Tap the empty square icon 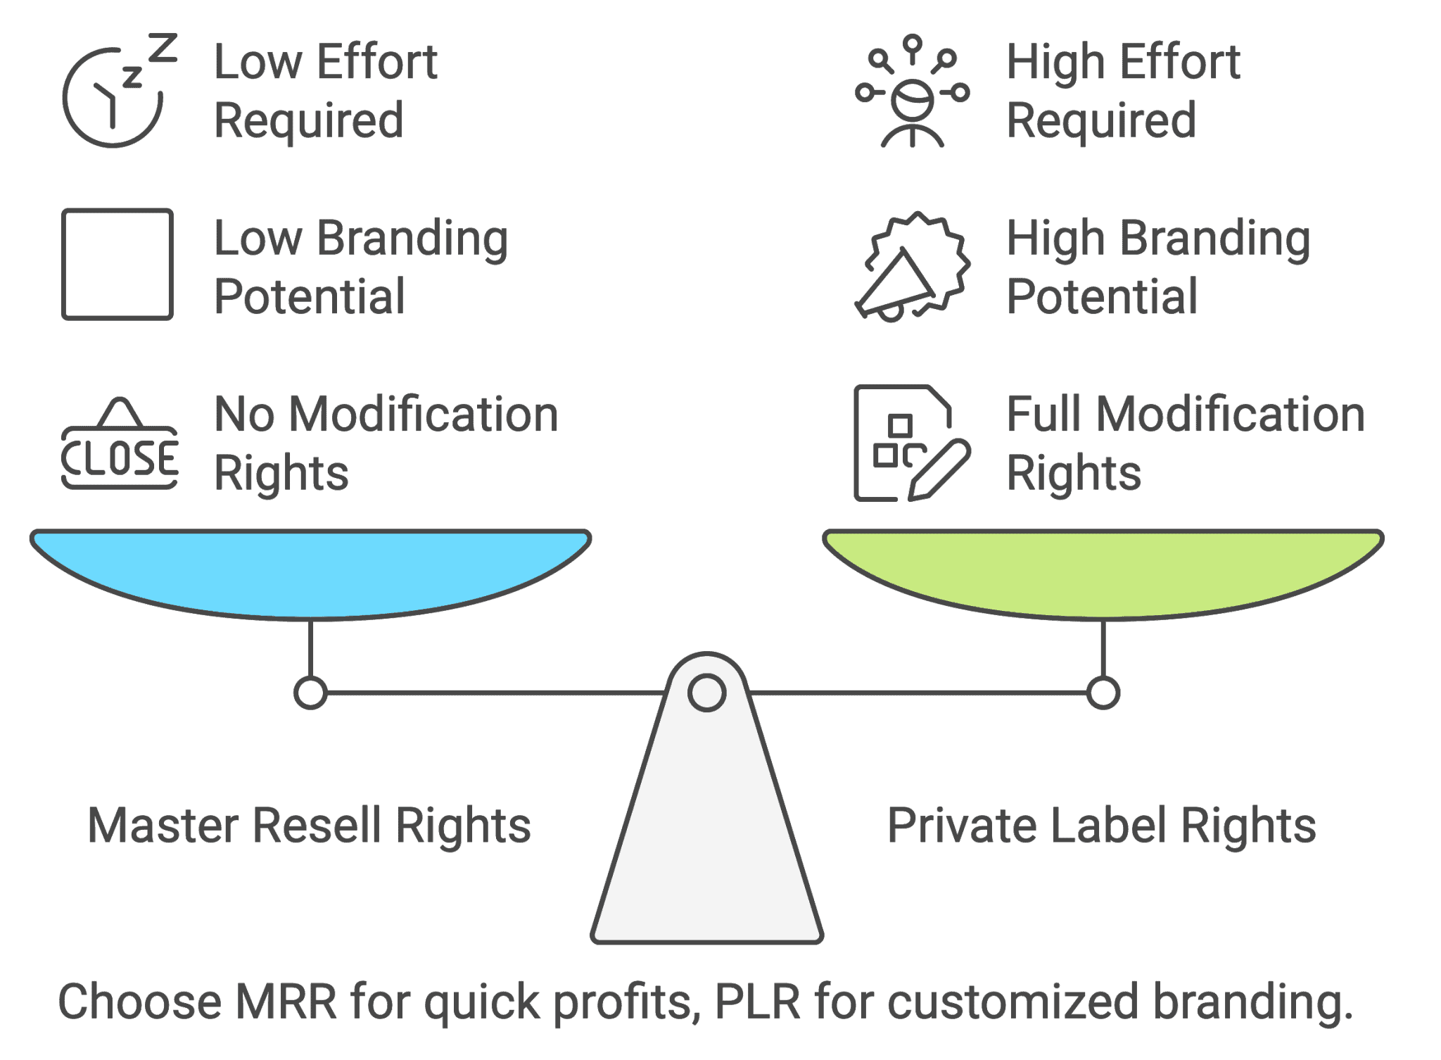(x=118, y=264)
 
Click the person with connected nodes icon (x=913, y=92)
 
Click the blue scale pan (x=310, y=570)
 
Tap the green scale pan (x=1103, y=570)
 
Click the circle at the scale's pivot (x=706, y=693)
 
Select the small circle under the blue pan (x=310, y=693)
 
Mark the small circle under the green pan (x=1103, y=693)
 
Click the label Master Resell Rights (x=309, y=825)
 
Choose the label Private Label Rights (x=1101, y=825)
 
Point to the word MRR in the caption (x=286, y=1002)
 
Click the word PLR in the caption (x=757, y=1002)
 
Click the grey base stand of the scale (x=706, y=845)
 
